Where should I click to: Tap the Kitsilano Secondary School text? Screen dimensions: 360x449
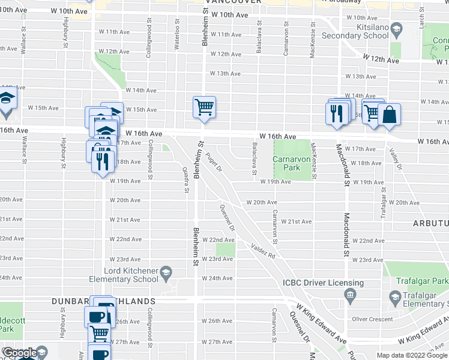pyautogui.click(x=355, y=31)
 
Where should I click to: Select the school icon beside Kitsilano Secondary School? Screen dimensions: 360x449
pyautogui.click(x=396, y=29)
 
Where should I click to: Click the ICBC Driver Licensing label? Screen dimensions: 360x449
pyautogui.click(x=324, y=283)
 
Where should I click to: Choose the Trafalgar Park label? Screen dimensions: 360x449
pyautogui.click(x=423, y=281)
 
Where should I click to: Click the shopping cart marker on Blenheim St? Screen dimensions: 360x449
pyautogui.click(x=204, y=107)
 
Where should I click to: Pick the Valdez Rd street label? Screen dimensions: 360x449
pyautogui.click(x=263, y=250)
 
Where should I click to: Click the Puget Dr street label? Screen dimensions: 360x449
pyautogui.click(x=214, y=160)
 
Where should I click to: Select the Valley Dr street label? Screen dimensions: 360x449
pyautogui.click(x=394, y=159)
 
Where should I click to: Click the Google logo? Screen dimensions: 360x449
pyautogui.click(x=20, y=353)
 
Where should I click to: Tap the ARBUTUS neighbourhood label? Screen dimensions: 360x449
pyautogui.click(x=430, y=223)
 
